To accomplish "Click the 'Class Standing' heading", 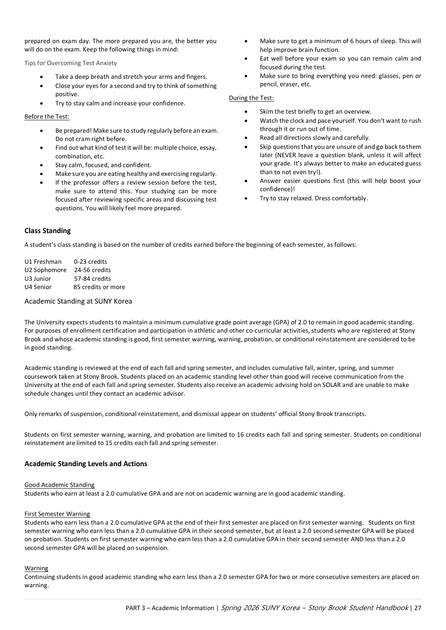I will tap(47, 231).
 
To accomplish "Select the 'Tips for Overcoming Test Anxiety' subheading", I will tap(71, 63).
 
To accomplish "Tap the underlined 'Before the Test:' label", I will tap(47, 117).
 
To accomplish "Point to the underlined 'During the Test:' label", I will tap(251, 98).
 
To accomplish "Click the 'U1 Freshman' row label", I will tap(43, 262).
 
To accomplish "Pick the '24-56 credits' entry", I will tap(93, 270).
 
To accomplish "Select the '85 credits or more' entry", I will tap(99, 287).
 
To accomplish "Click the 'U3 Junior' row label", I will tap(38, 279).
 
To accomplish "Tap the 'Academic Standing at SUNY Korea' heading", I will tap(78, 301).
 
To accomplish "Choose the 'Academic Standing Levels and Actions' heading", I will tap(86, 464).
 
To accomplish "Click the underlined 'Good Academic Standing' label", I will tap(59, 485).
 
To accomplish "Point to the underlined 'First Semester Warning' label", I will tap(57, 514).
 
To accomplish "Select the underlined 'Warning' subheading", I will tap(36, 568).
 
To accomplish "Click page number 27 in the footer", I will tap(417, 608).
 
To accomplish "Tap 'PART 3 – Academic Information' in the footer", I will tap(170, 608).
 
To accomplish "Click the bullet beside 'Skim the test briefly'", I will tap(246, 112).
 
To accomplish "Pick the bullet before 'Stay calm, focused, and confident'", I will tap(41, 165).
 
